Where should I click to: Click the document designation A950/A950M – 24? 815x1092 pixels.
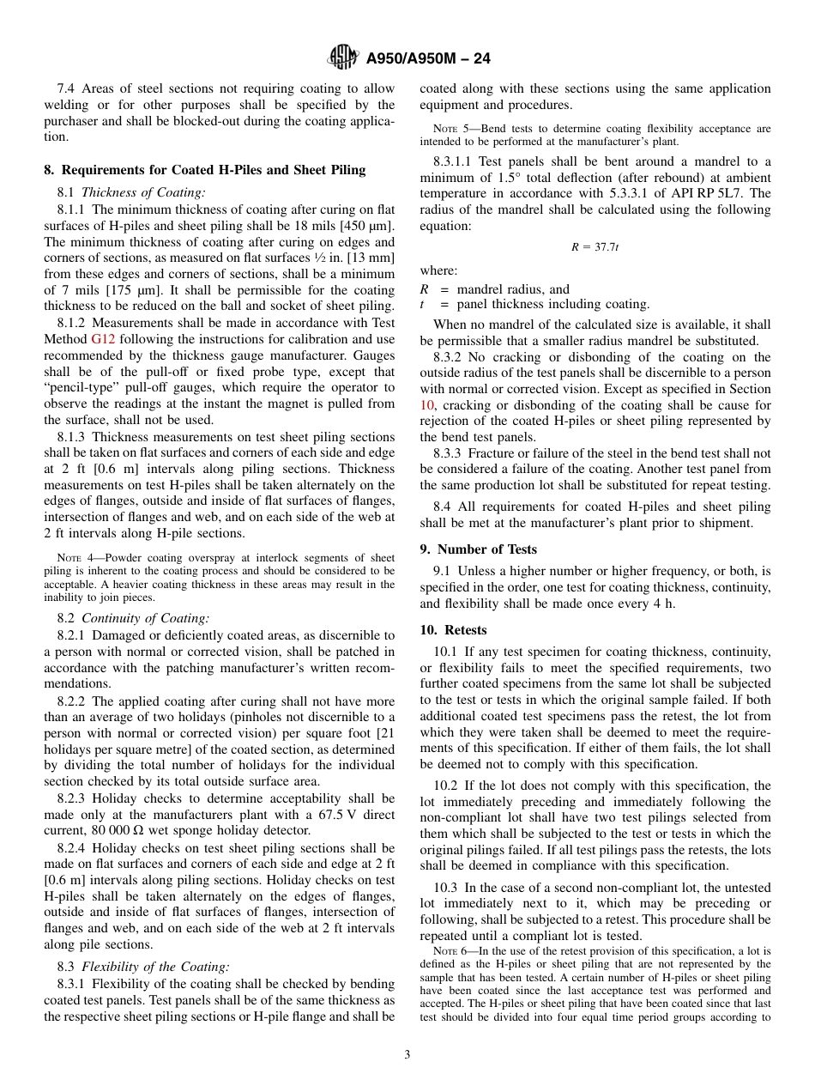coord(427,59)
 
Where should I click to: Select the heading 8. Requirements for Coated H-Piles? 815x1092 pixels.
coord(205,170)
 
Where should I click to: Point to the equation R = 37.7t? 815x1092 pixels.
coord(595,247)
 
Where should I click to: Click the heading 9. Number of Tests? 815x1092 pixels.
coord(479,549)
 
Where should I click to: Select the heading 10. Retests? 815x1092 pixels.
coord(453,629)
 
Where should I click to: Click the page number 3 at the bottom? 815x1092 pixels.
coord(407,1055)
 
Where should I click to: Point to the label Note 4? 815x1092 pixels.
coord(75,558)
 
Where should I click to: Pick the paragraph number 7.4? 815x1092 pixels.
coord(68,88)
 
